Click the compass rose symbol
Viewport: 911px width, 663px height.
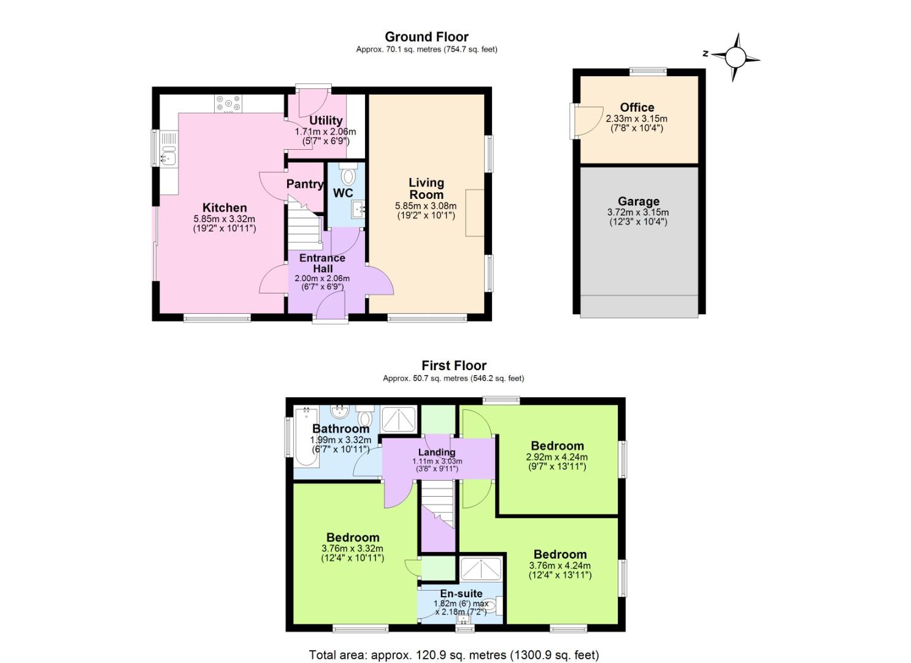tap(736, 58)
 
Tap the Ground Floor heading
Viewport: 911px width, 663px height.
tap(426, 37)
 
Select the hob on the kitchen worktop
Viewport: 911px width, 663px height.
tap(228, 104)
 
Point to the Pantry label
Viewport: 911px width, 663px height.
tap(304, 184)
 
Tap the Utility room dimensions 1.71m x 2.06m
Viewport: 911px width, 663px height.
tap(325, 131)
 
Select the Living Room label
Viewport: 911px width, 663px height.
tap(426, 188)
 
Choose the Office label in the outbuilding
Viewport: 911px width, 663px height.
tap(637, 107)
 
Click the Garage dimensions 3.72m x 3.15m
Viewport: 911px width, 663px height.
tap(637, 212)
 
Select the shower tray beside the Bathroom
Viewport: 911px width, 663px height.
tap(399, 419)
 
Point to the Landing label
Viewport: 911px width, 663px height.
tap(437, 452)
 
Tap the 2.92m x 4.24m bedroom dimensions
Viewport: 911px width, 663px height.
tap(557, 457)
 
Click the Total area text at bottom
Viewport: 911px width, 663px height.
tap(454, 655)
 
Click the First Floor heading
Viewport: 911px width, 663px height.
tap(454, 366)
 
